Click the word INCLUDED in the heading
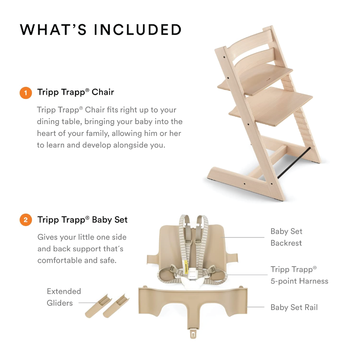(138, 30)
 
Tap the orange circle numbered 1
(26, 93)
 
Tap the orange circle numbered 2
(26, 220)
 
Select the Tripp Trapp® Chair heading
(76, 92)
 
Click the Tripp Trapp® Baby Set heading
(82, 220)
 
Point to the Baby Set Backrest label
(287, 237)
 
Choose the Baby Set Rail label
(294, 307)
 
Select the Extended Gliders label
(64, 297)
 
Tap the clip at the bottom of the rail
(193, 333)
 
